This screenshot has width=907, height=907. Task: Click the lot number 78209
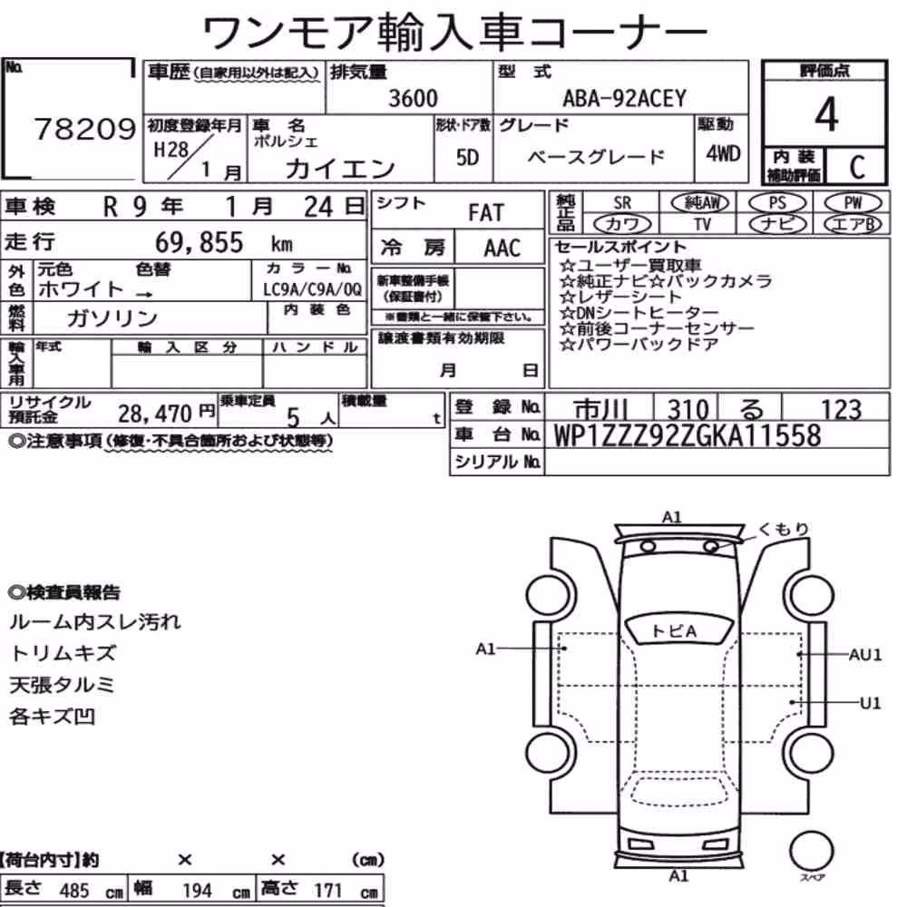[x=84, y=129]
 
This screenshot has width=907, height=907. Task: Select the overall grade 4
[x=826, y=114]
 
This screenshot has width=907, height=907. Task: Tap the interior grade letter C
[x=857, y=167]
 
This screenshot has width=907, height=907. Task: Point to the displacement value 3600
[x=413, y=98]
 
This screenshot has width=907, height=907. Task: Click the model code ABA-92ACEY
[x=624, y=98]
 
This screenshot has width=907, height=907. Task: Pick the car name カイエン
[x=340, y=169]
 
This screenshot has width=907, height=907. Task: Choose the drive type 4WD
[x=723, y=153]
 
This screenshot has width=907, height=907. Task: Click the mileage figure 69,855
[x=199, y=242]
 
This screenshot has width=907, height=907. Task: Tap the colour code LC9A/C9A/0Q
[x=312, y=290]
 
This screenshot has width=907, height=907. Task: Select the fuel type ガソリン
[x=112, y=317]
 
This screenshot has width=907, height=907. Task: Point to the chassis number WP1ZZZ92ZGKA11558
[x=688, y=435]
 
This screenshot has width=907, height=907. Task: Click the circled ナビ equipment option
[x=777, y=224]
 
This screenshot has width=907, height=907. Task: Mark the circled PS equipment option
[x=777, y=203]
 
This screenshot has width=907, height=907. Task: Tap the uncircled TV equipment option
[x=702, y=224]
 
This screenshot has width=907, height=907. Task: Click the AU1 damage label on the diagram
[x=864, y=655]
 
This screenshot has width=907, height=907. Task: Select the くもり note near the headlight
[x=784, y=529]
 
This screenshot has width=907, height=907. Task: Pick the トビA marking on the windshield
[x=674, y=630]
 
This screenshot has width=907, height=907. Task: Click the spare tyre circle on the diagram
[x=811, y=852]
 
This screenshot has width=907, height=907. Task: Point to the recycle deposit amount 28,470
[x=154, y=414]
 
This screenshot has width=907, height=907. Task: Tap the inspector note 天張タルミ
[x=62, y=685]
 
